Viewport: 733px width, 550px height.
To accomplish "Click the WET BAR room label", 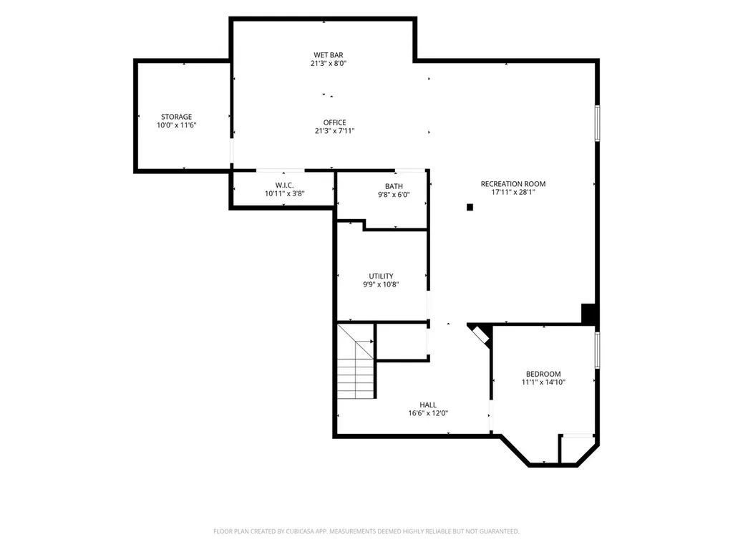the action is tap(328, 54).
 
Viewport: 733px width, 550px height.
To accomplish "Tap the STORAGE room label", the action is tap(176, 117).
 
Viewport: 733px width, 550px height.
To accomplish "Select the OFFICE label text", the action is tap(335, 122).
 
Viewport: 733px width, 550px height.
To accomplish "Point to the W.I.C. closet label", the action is tap(284, 185).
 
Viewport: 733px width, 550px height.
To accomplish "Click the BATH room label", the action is tap(394, 186).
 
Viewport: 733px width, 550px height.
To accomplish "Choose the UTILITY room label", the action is tap(381, 276).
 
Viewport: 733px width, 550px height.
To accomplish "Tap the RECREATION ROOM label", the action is tap(513, 184).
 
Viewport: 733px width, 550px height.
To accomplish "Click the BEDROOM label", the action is tap(543, 374).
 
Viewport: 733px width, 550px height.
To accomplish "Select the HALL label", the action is tap(428, 405).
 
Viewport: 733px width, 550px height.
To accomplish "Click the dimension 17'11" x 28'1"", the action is tap(513, 192).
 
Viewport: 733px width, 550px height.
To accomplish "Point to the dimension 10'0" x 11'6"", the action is tap(176, 125).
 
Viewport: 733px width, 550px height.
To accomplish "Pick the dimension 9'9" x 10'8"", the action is tap(381, 284).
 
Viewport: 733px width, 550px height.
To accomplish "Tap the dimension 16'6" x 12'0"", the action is tap(428, 413).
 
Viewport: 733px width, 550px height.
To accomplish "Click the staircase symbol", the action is tap(356, 361).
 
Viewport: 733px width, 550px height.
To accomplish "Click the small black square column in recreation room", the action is tap(470, 207).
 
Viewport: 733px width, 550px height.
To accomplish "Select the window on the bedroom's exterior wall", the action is tap(597, 350).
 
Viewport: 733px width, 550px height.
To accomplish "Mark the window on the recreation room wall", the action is tap(597, 123).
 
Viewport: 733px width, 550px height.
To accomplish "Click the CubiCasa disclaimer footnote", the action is tap(366, 531).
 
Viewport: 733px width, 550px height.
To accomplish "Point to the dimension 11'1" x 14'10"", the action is tap(543, 382).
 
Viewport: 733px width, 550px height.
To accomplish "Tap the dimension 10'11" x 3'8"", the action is tap(284, 193).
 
